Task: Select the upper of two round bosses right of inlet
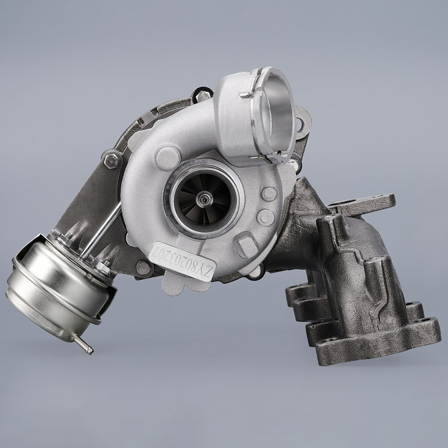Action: (269, 193)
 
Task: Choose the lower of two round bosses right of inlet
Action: (265, 217)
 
